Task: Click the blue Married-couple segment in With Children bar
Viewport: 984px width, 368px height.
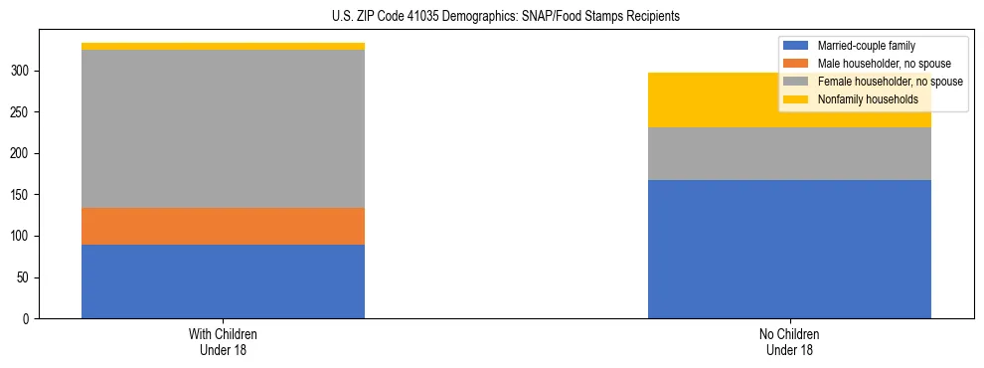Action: click(x=223, y=281)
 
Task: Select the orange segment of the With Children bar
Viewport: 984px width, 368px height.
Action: click(x=223, y=226)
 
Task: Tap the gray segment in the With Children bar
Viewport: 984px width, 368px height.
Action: click(x=223, y=128)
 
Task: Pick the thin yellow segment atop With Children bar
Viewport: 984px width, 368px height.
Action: click(x=223, y=46)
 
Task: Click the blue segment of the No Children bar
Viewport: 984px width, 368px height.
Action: click(x=789, y=249)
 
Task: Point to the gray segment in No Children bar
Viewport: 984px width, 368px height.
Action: click(x=789, y=153)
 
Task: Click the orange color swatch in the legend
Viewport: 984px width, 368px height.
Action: click(x=796, y=64)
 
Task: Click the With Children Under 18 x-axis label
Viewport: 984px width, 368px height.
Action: click(x=223, y=341)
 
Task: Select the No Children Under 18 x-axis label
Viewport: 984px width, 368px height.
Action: click(x=789, y=341)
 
